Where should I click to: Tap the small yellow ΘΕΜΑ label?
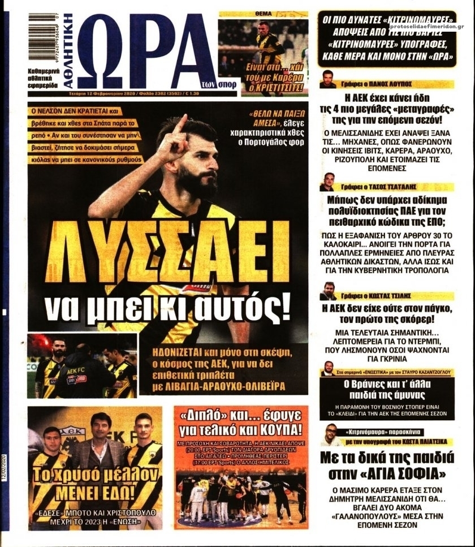[264, 12]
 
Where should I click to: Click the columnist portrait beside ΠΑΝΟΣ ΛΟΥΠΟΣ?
[327, 78]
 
